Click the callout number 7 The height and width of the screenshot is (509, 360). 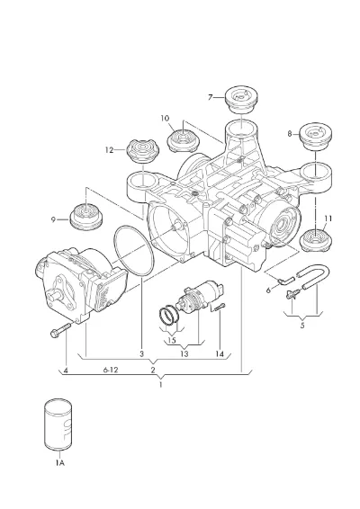pyautogui.click(x=211, y=97)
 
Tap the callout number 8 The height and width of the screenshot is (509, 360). pyautogui.click(x=290, y=133)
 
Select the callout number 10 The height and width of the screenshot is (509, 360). pyautogui.click(x=165, y=118)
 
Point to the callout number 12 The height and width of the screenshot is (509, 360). pyautogui.click(x=110, y=150)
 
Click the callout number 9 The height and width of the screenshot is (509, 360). pyautogui.click(x=53, y=219)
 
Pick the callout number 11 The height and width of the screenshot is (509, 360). pyautogui.click(x=328, y=219)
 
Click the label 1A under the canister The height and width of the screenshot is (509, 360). pyautogui.click(x=59, y=463)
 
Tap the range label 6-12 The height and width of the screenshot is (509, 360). pyautogui.click(x=111, y=370)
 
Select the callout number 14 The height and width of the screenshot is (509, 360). pyautogui.click(x=220, y=354)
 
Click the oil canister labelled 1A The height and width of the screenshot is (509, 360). pyautogui.click(x=58, y=425)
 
